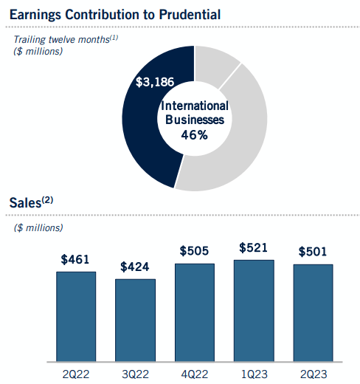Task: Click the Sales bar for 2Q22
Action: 76,316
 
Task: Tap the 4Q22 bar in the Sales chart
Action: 195,312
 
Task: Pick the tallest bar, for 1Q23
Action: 254,310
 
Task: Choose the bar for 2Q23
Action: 314,312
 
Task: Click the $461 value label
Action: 76,260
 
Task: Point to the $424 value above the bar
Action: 136,267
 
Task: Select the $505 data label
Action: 195,252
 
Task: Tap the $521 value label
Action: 254,248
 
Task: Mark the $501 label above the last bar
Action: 314,252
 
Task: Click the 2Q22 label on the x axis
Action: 76,374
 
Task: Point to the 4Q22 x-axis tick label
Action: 195,374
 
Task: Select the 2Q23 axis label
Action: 314,374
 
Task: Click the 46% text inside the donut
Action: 195,135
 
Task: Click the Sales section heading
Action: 32,202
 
